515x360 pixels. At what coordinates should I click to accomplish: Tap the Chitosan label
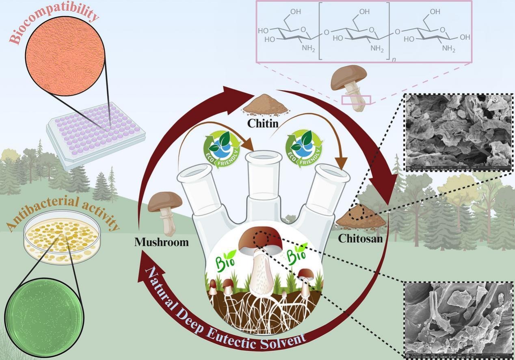[360, 239]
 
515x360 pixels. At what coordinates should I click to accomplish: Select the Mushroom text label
[162, 243]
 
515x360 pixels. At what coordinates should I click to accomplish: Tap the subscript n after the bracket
[394, 60]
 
